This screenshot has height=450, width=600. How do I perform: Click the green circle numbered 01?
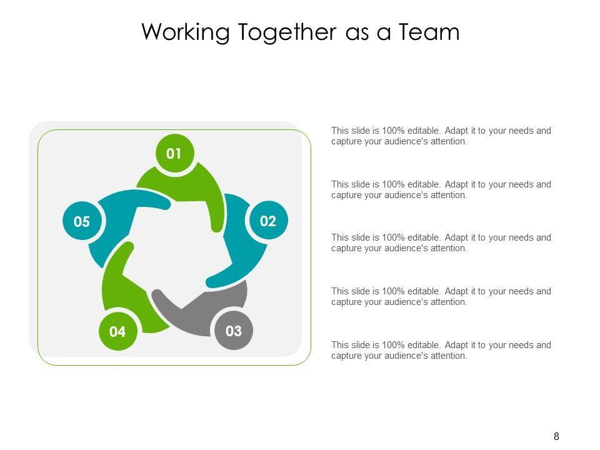point(174,153)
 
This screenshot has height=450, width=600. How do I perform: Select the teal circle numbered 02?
point(267,221)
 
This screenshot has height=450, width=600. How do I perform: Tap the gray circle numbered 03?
point(233,331)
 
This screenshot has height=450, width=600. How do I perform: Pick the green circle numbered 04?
point(117,332)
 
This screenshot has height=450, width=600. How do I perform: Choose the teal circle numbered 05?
point(82,221)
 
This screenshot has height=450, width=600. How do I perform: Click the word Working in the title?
point(186,32)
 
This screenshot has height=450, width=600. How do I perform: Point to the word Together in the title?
point(287,32)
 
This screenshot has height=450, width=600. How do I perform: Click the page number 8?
point(556,436)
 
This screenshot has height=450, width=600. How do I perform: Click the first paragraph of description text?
point(441,136)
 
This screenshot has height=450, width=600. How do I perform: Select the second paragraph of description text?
point(441,189)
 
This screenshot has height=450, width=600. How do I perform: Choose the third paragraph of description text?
point(441,242)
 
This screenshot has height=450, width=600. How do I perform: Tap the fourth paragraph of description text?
point(441,296)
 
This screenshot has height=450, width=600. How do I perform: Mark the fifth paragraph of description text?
point(441,350)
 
